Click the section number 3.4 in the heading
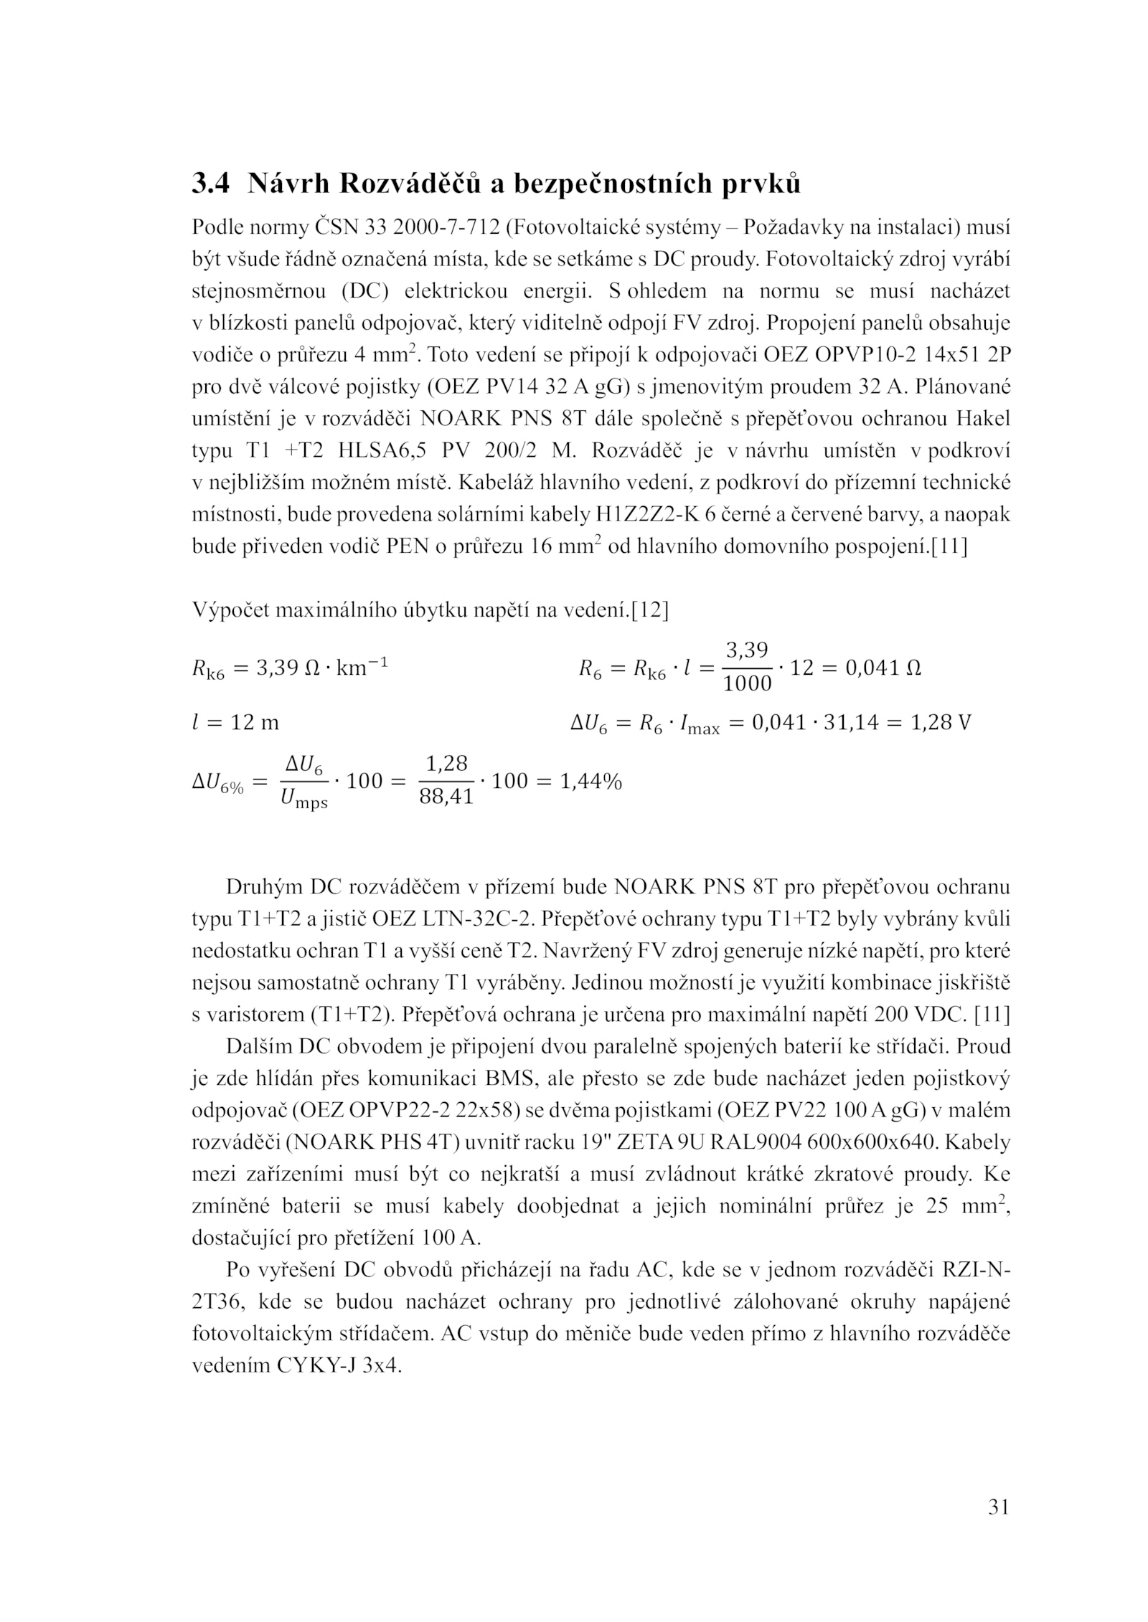click(210, 184)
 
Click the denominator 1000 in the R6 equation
click(747, 684)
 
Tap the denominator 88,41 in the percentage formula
click(446, 797)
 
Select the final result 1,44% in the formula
click(591, 781)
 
